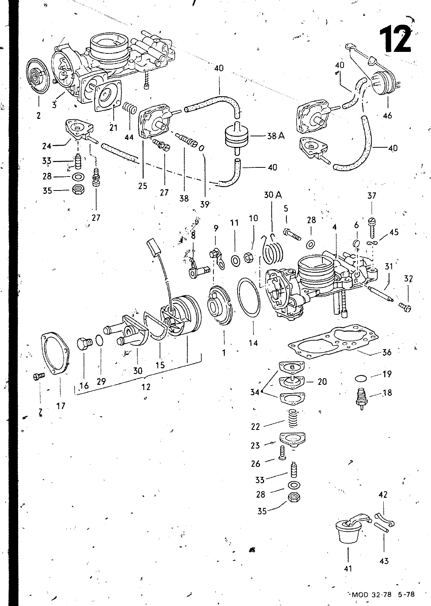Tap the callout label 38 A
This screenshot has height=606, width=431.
[x=276, y=136]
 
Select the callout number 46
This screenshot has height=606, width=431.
[x=387, y=116]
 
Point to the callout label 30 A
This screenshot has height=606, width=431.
[x=273, y=195]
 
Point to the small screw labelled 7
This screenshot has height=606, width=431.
[x=39, y=376]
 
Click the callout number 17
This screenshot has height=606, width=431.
[x=61, y=406]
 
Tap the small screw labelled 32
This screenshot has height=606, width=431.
[x=405, y=307]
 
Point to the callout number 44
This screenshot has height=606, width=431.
[x=129, y=137]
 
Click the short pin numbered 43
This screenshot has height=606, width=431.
[x=381, y=528]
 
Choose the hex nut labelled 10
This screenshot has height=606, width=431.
[x=248, y=257]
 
